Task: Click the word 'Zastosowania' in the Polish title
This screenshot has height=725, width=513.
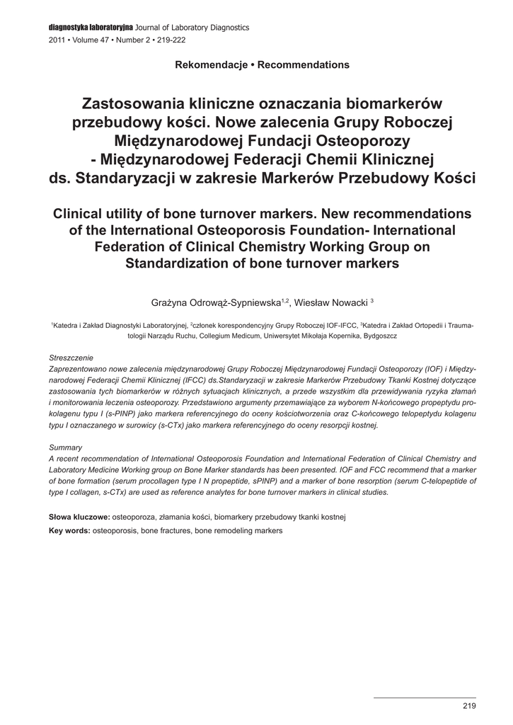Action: [136, 103]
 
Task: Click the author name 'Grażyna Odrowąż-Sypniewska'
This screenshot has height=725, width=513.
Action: [216, 303]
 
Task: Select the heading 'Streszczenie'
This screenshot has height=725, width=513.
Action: [71, 358]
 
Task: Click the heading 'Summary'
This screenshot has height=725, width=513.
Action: [65, 447]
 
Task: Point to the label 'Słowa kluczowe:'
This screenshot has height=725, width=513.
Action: [79, 518]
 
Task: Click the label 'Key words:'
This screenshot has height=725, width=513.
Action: [69, 530]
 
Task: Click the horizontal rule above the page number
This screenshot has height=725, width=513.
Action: [425, 697]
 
